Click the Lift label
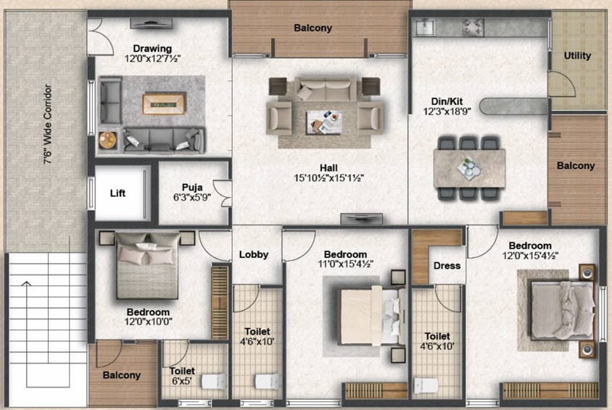point(117,193)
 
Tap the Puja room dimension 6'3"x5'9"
point(192,198)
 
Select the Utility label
point(577,56)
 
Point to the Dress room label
point(447,266)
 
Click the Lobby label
point(254,255)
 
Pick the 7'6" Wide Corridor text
point(48,124)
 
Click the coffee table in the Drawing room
point(164,104)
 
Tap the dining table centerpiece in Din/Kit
point(468,167)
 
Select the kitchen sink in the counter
point(424,27)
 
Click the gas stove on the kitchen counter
point(473,28)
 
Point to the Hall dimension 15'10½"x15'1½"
point(328,178)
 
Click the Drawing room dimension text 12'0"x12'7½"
point(152,59)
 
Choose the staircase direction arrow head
point(27,284)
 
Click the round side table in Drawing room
point(107,141)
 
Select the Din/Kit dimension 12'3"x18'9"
point(447,112)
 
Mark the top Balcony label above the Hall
point(313,28)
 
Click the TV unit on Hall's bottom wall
point(361,219)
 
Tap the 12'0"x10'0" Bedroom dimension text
point(149,322)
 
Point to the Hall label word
point(328,168)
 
